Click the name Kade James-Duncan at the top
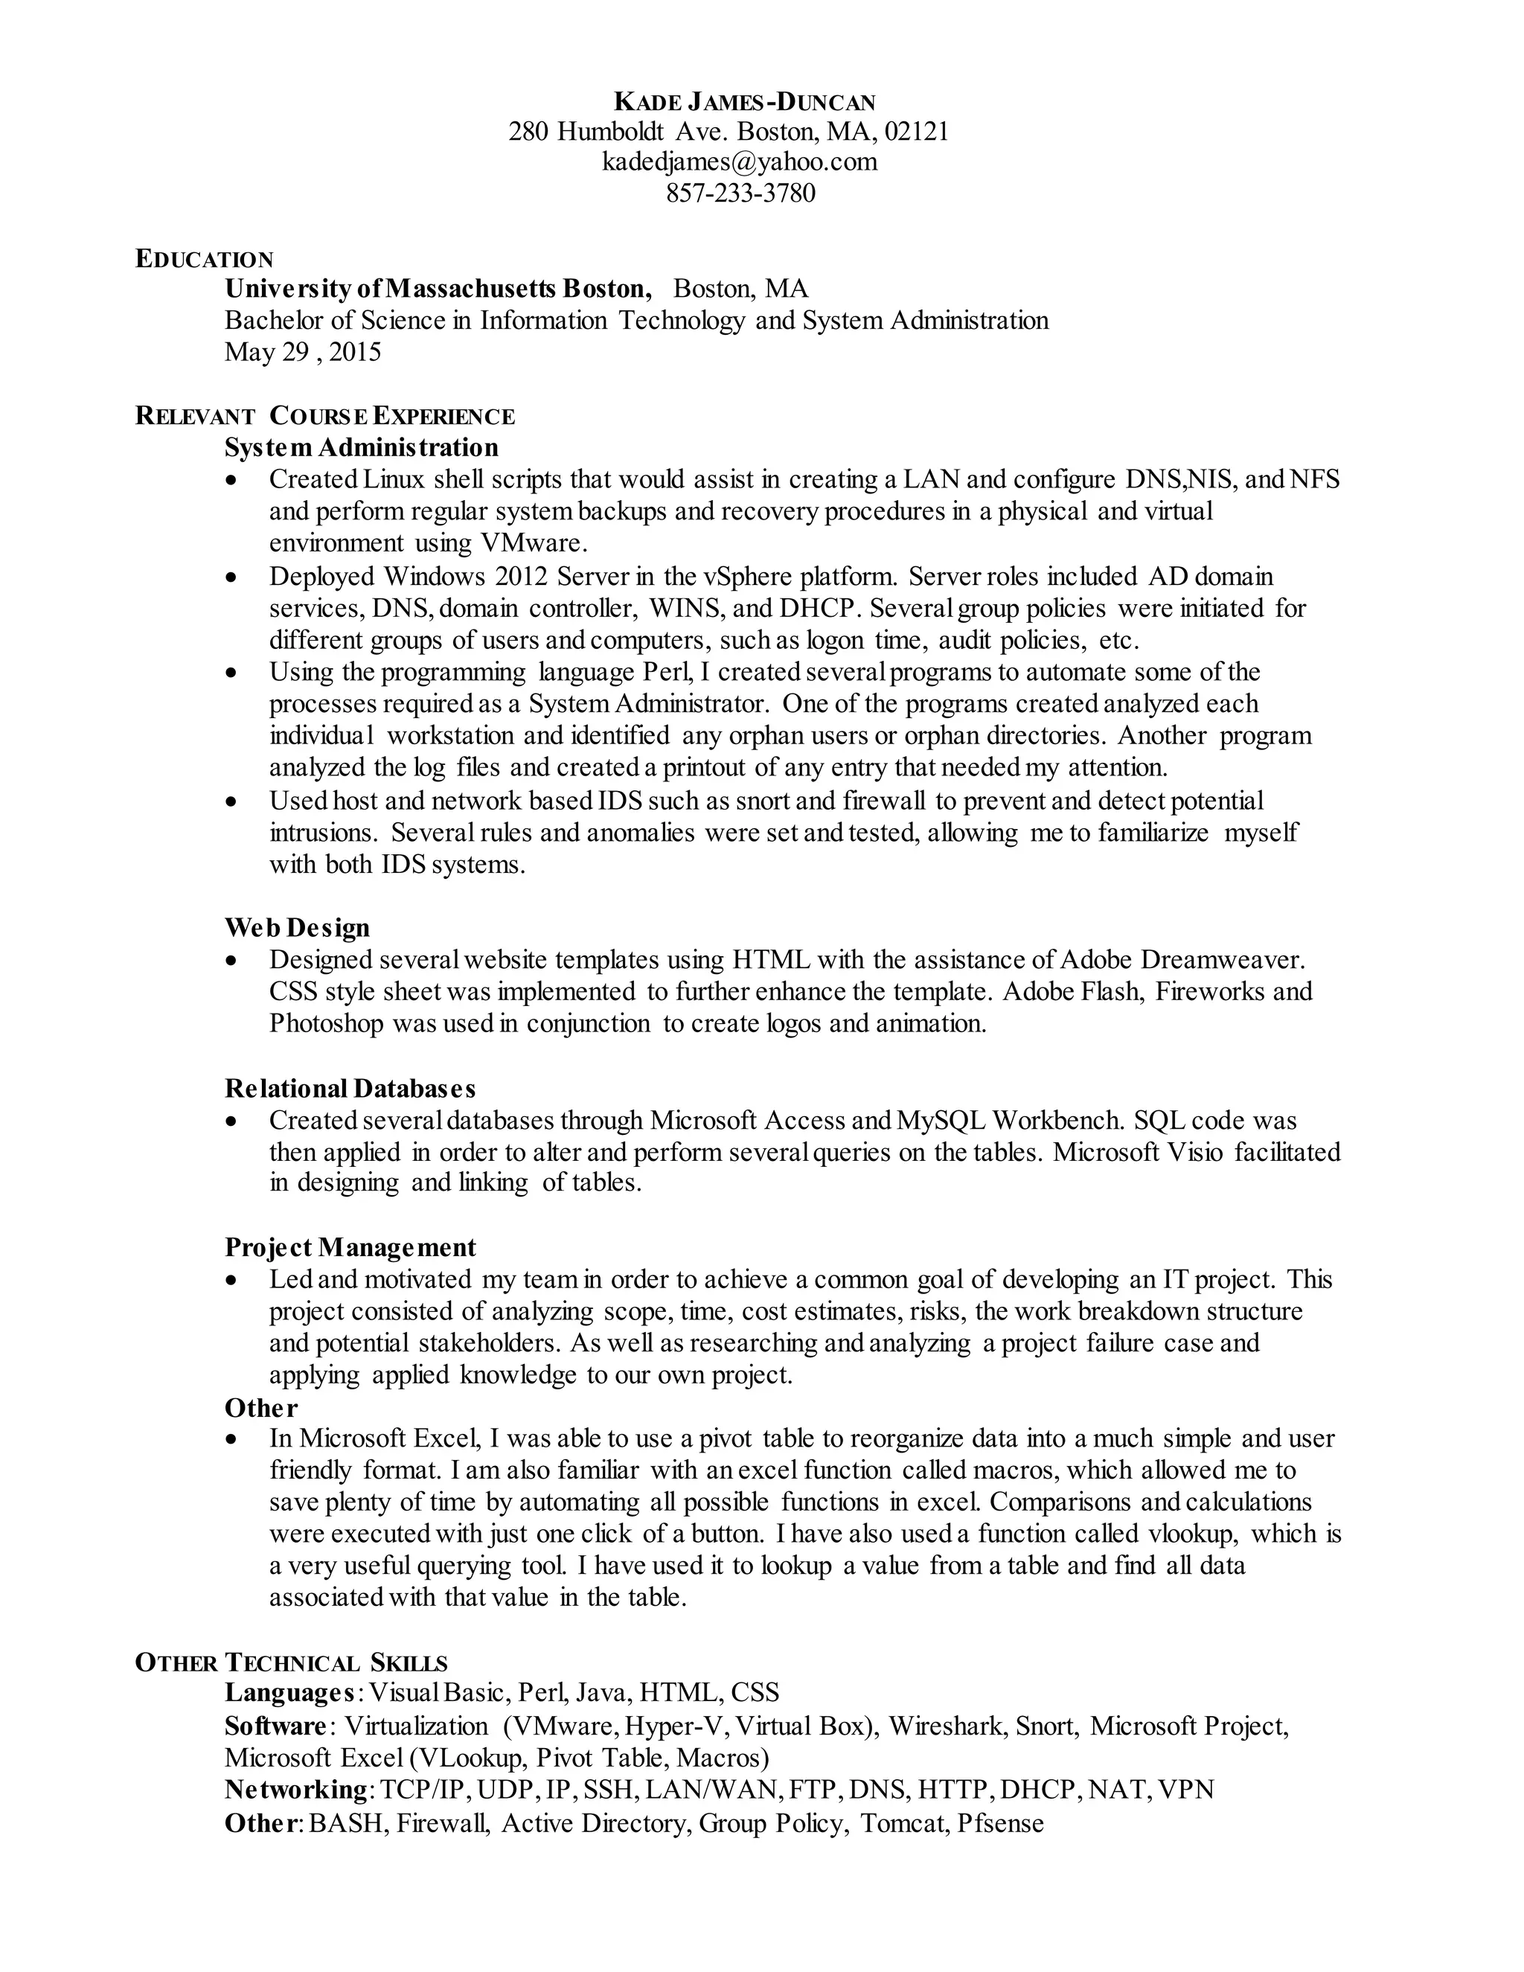[744, 101]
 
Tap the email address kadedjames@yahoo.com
[740, 161]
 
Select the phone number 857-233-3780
[740, 193]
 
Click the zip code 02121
[915, 132]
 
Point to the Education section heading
[204, 259]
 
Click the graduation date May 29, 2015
[302, 352]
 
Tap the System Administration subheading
[361, 448]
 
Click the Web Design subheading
[297, 927]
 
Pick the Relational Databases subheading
[350, 1088]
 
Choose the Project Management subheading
[350, 1247]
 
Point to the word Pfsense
[999, 1823]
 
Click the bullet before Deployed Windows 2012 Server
[233, 577]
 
